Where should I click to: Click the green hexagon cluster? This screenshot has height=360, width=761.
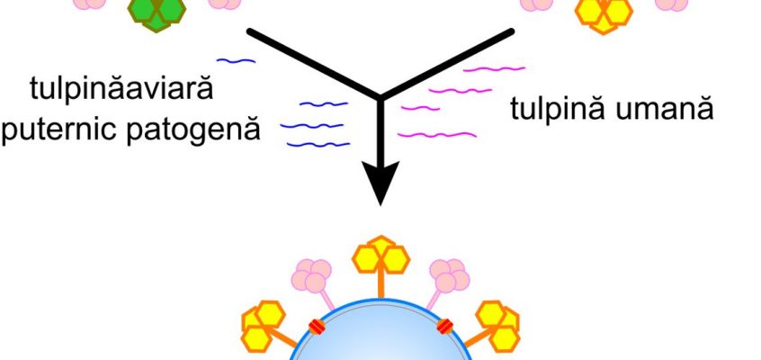pos(157,13)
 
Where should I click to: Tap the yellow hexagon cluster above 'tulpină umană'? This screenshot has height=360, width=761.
pos(604,14)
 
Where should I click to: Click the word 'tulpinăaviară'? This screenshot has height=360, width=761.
pos(121,90)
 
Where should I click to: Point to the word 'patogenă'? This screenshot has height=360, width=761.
pos(193,130)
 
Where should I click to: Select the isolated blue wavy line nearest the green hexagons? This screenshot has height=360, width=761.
pos(236,61)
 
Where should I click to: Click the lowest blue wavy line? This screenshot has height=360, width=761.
pos(318,144)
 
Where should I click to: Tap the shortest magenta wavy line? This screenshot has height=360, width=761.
pos(420,108)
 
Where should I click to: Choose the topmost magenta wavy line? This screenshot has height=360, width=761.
pos(494,69)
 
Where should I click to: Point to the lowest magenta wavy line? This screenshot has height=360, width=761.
pos(437,135)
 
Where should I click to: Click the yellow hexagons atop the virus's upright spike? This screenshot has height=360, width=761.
pos(381,256)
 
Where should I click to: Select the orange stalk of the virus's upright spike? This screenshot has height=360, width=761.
pos(381,284)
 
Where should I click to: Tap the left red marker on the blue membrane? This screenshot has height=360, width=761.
pos(317,327)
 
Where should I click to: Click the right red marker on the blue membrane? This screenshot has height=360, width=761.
pos(445,326)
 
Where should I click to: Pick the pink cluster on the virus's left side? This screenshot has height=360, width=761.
pos(311,276)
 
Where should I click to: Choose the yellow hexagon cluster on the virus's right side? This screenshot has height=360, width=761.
pos(498,326)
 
